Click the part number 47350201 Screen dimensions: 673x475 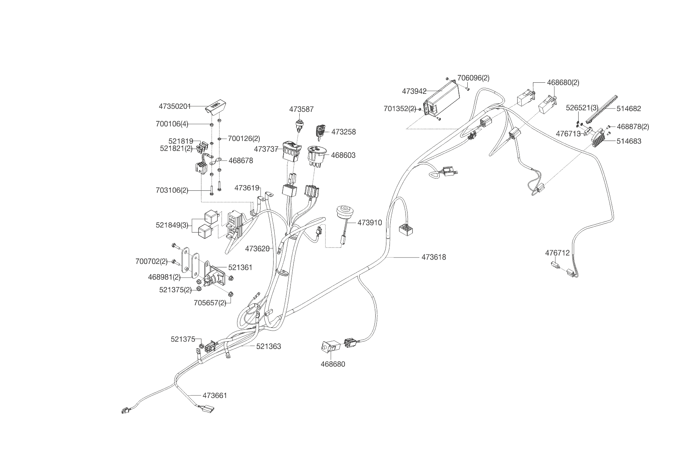(x=175, y=106)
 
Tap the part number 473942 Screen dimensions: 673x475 (x=414, y=91)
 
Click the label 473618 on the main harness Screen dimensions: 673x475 (x=434, y=257)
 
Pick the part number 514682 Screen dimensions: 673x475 (x=629, y=108)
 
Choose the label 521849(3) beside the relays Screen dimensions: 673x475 (x=172, y=225)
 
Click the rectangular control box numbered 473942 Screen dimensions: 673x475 (x=442, y=100)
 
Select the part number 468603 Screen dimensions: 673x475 (x=343, y=155)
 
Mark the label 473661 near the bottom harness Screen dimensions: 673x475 (x=215, y=395)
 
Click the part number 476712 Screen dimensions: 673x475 (x=558, y=253)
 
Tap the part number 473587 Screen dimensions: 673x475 (x=301, y=109)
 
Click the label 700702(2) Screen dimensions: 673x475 (x=152, y=261)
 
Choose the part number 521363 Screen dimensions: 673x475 (x=269, y=346)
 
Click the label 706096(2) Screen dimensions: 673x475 (x=473, y=78)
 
